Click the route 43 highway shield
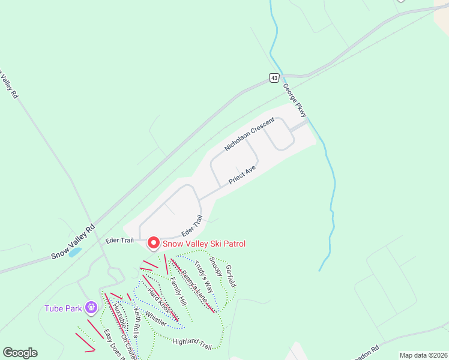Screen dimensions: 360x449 click(x=274, y=78)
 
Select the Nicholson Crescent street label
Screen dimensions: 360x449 click(x=249, y=134)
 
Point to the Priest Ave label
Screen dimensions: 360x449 click(x=243, y=175)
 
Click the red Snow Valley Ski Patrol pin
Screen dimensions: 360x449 click(x=153, y=243)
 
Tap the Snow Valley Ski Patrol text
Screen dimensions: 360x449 click(x=204, y=244)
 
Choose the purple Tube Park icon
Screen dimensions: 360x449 click(x=91, y=308)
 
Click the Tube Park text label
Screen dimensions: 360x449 click(x=63, y=309)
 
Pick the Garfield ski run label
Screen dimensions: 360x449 click(x=231, y=275)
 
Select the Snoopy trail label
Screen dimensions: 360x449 click(x=216, y=268)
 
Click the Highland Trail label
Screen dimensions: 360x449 click(x=193, y=343)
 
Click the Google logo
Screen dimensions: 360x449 click(x=20, y=353)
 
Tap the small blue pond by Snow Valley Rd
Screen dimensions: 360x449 click(x=75, y=253)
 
